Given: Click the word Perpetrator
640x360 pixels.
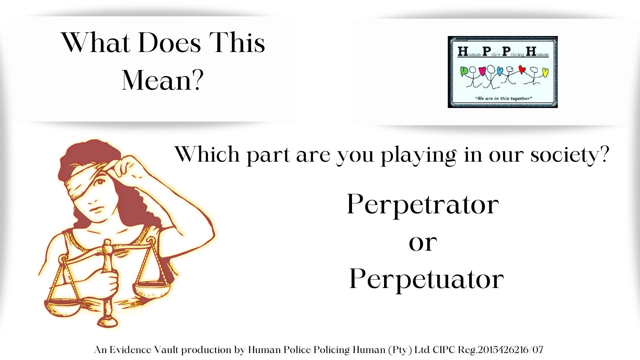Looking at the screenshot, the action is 423,204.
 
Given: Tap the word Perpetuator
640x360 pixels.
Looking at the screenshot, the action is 426,279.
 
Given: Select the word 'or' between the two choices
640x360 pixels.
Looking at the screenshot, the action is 423,243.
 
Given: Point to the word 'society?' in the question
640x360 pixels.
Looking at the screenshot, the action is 570,155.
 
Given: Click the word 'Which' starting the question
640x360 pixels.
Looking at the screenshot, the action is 207,154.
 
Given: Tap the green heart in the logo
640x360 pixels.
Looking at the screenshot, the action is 464,71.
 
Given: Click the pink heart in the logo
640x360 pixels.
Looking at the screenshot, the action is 482,71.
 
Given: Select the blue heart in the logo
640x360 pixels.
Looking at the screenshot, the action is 500,71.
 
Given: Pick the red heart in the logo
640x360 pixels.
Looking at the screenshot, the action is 522,69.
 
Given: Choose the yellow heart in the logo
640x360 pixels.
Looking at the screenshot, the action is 545,72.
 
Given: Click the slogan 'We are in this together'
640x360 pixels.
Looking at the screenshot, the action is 503,98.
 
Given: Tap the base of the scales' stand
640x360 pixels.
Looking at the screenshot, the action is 107,322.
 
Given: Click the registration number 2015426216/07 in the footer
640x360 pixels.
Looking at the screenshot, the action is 511,350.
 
